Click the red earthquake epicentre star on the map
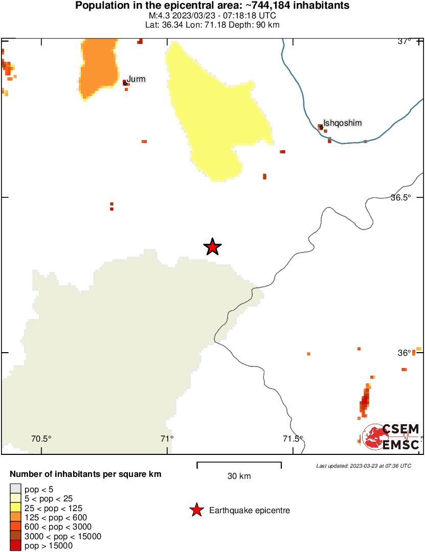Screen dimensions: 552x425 [x=212, y=247]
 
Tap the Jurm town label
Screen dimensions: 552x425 [x=136, y=79]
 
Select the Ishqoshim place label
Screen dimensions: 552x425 [x=335, y=123]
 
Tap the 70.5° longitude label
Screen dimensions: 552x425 [x=41, y=438]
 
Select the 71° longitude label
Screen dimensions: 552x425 [x=167, y=438]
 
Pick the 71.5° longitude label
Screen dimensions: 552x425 [x=293, y=438]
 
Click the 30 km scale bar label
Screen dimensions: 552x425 [x=239, y=476]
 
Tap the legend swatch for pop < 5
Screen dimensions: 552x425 [x=15, y=489]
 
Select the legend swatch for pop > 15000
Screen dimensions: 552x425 [x=15, y=546]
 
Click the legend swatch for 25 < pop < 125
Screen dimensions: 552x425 [x=15, y=508]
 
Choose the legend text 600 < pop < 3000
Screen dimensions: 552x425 [x=58, y=527]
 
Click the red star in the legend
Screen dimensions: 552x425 [x=196, y=510]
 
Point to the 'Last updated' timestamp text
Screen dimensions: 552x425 [x=363, y=466]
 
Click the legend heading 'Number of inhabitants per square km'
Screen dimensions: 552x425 [x=85, y=474]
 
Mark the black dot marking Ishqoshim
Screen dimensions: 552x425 [x=321, y=127]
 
